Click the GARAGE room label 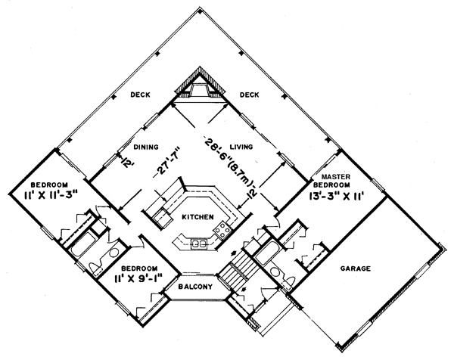point(356,268)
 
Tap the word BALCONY point(195,287)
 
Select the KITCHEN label point(197,217)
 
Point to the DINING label point(146,147)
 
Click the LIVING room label point(241,147)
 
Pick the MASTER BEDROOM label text point(335,181)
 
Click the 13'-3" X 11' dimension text point(335,197)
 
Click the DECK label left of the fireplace point(140,95)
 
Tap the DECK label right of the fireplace point(249,95)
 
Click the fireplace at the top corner point(200,84)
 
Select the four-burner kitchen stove point(222,228)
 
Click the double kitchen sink point(199,244)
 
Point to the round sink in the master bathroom point(273,272)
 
